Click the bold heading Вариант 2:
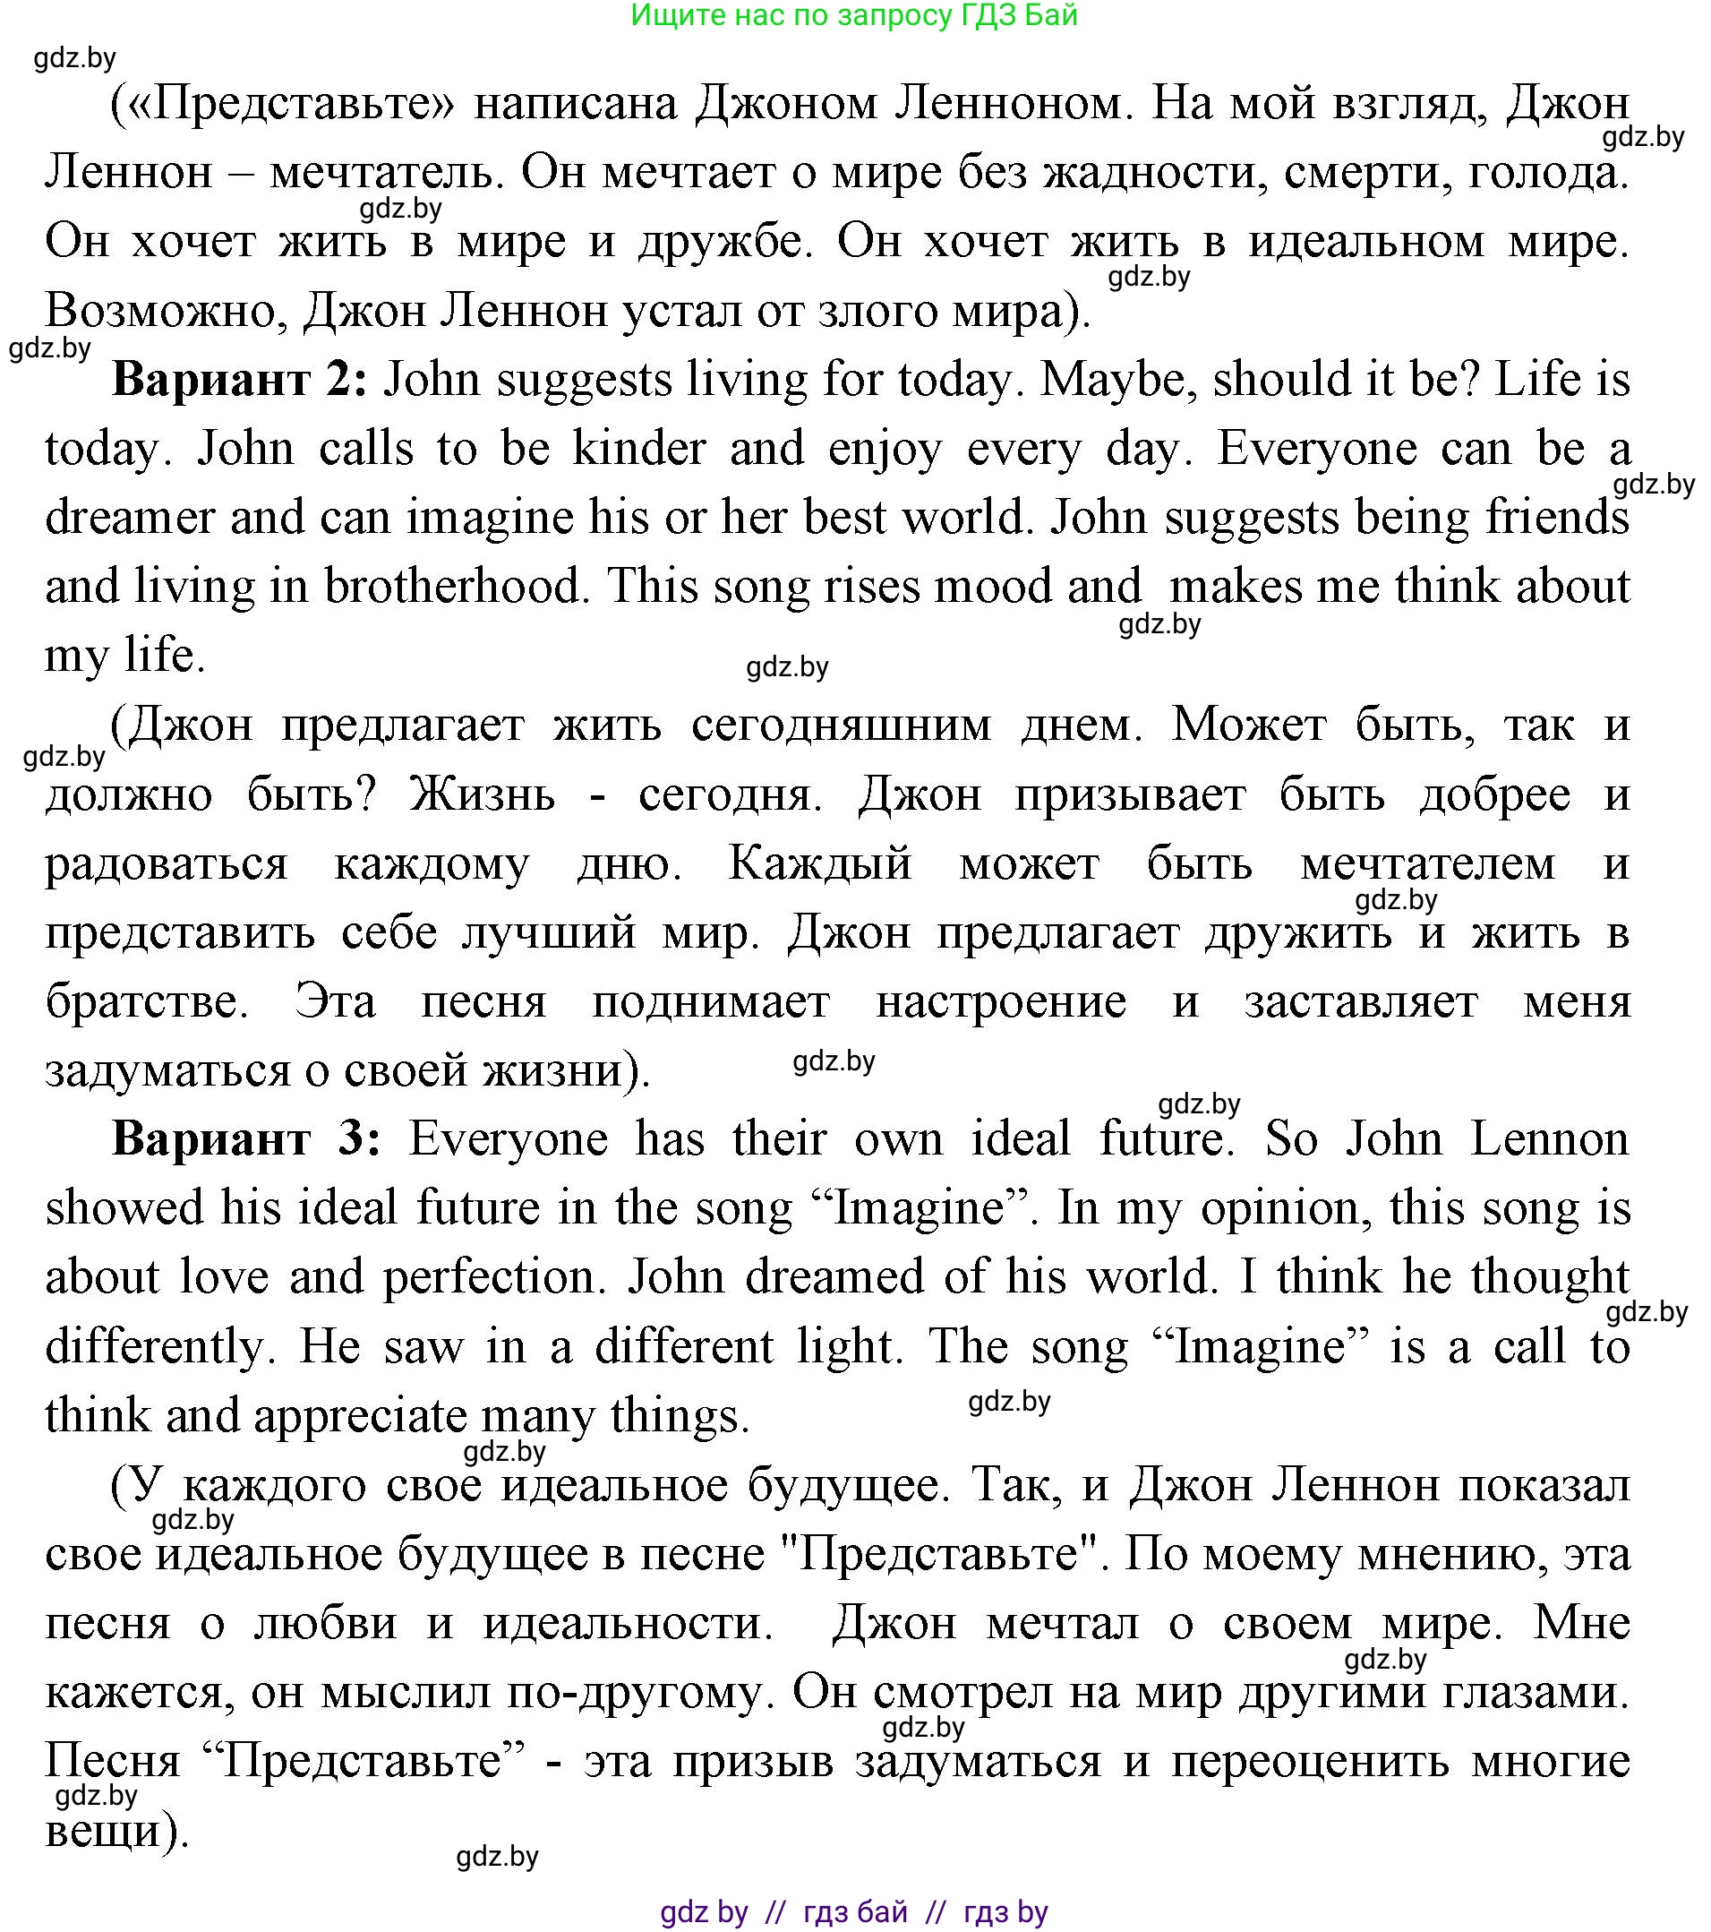pos(239,380)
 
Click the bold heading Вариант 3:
pos(245,1138)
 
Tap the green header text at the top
pos(854,16)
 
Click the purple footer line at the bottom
pos(854,1911)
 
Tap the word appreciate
pos(360,1415)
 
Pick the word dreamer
pos(130,517)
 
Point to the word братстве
pos(147,1001)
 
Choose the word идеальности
pos(629,1623)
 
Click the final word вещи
pos(108,1830)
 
